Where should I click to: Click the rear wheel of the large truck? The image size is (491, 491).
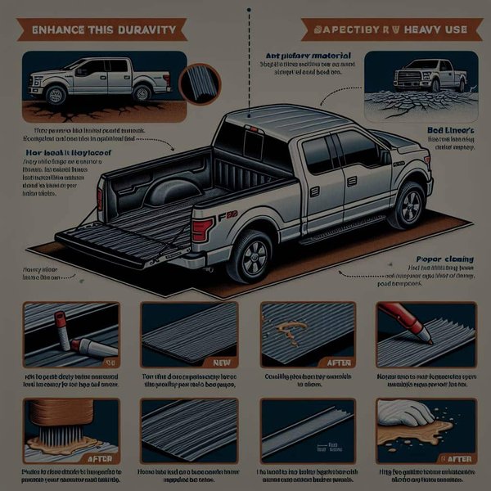point(250,255)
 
